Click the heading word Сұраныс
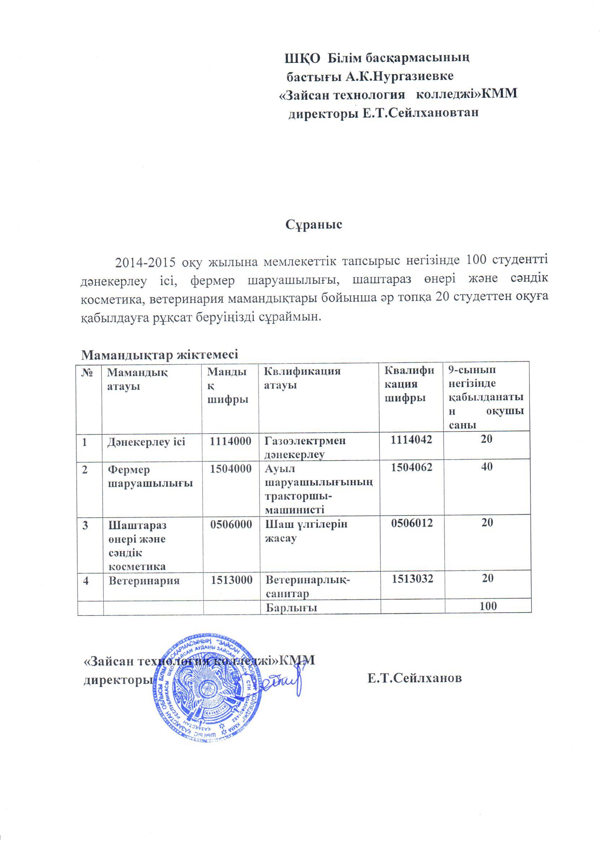click(x=314, y=225)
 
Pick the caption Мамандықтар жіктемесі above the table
click(x=159, y=354)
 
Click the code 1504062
click(x=411, y=467)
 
